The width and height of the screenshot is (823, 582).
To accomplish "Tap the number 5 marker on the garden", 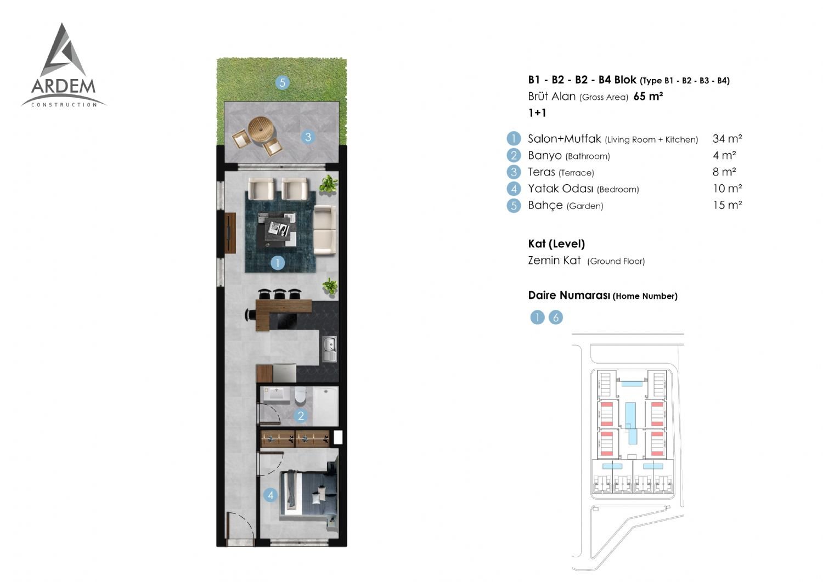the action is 282,83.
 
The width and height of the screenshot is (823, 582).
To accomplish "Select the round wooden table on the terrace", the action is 261,130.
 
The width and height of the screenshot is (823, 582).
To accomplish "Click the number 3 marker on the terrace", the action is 308,137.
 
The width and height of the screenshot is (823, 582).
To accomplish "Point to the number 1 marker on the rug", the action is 278,263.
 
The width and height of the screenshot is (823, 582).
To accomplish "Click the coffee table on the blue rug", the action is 277,230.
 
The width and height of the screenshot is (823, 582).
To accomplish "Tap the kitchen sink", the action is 330,349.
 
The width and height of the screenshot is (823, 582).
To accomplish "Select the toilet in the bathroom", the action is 300,395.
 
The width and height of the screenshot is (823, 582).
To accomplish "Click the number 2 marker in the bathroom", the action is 301,416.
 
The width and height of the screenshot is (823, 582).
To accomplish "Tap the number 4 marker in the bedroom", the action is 270,495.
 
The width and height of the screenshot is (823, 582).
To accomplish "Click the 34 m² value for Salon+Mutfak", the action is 727,139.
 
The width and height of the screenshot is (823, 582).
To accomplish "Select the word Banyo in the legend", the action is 544,156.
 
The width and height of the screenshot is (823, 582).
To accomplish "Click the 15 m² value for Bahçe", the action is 728,205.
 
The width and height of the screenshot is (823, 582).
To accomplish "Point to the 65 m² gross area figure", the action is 648,96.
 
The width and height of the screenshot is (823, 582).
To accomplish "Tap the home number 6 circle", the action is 555,317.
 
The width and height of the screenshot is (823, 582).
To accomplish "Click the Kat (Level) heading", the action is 556,244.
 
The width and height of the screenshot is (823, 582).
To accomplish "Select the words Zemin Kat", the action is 554,261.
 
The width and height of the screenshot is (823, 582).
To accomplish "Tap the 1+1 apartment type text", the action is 537,113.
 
